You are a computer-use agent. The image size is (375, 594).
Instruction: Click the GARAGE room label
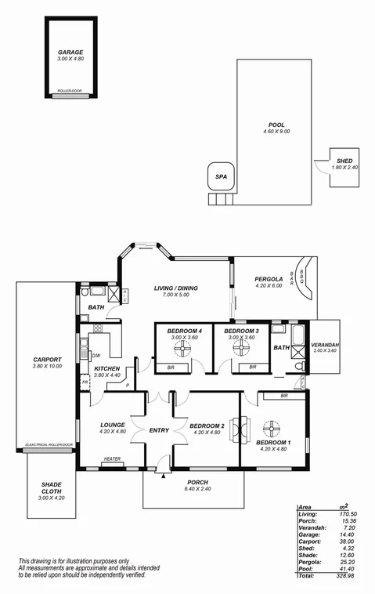[70, 53]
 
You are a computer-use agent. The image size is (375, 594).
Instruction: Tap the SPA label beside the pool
[221, 178]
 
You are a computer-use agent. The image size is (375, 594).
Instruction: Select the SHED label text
[345, 160]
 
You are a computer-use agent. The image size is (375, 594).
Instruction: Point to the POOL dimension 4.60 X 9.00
[276, 132]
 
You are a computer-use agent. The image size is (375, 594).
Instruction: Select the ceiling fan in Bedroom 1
[273, 429]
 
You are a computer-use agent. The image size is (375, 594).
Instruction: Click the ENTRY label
[160, 429]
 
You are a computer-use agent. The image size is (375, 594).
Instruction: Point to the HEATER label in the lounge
[111, 461]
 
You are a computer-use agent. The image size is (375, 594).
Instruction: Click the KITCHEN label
[106, 368]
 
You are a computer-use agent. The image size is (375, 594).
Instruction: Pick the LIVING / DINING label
[175, 288]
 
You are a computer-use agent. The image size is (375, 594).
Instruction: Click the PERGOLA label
[269, 279]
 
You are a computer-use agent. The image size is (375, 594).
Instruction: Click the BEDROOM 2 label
[207, 426]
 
